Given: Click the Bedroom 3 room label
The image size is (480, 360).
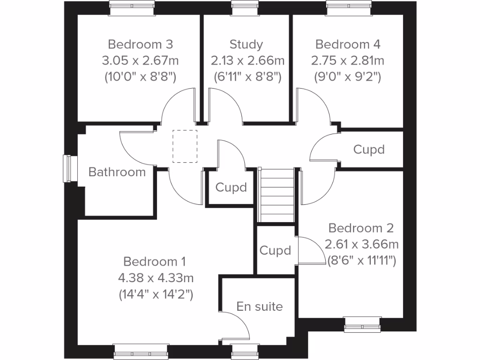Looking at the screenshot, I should pos(140,45).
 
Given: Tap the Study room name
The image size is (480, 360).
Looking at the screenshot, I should pos(246,45).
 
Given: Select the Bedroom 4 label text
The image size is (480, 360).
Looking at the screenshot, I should pos(348,45).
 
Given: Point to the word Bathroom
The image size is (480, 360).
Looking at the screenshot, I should pos(117,172).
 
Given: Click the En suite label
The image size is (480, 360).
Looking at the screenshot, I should pos(260,307).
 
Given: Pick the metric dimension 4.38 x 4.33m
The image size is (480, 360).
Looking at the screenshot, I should pos(156,278).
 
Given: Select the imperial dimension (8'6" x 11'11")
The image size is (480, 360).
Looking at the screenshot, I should pos(361,261).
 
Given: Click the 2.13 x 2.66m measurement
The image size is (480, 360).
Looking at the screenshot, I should pos(247,61).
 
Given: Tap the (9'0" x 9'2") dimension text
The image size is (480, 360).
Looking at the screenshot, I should pos(348,77).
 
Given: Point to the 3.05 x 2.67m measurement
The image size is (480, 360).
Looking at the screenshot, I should pos(140,61).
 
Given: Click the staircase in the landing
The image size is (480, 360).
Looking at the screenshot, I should pos(277,195).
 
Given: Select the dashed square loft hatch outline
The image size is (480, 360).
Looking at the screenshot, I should pos(185,146).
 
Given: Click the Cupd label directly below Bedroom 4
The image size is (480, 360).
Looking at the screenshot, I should pos(369,150).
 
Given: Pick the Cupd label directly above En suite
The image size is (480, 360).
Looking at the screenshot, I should pos(275,251).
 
